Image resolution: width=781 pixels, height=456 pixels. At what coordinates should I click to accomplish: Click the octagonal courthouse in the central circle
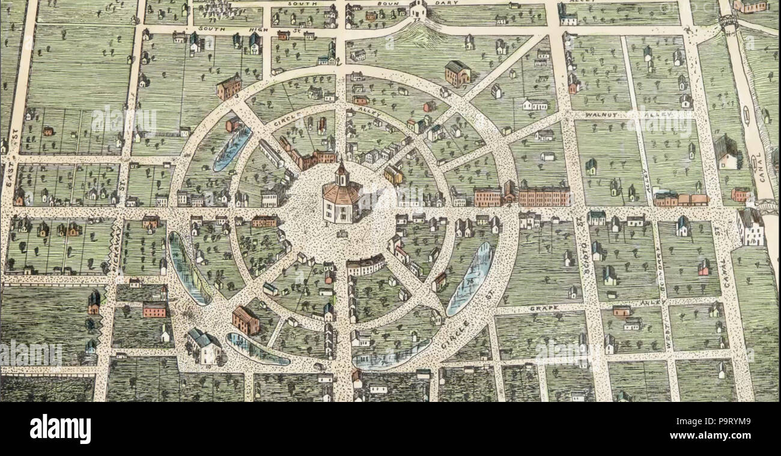tap(340, 201)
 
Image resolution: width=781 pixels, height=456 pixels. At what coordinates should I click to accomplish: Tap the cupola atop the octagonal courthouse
tap(341, 172)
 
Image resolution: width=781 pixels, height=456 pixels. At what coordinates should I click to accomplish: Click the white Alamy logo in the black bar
tap(60, 429)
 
